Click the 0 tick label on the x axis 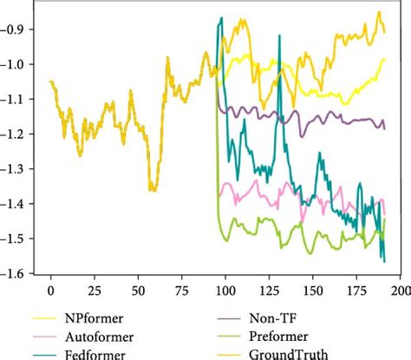click(x=50, y=287)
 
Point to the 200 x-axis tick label click(x=399, y=287)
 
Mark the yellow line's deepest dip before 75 click(x=153, y=188)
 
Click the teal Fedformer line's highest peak click(x=221, y=18)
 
